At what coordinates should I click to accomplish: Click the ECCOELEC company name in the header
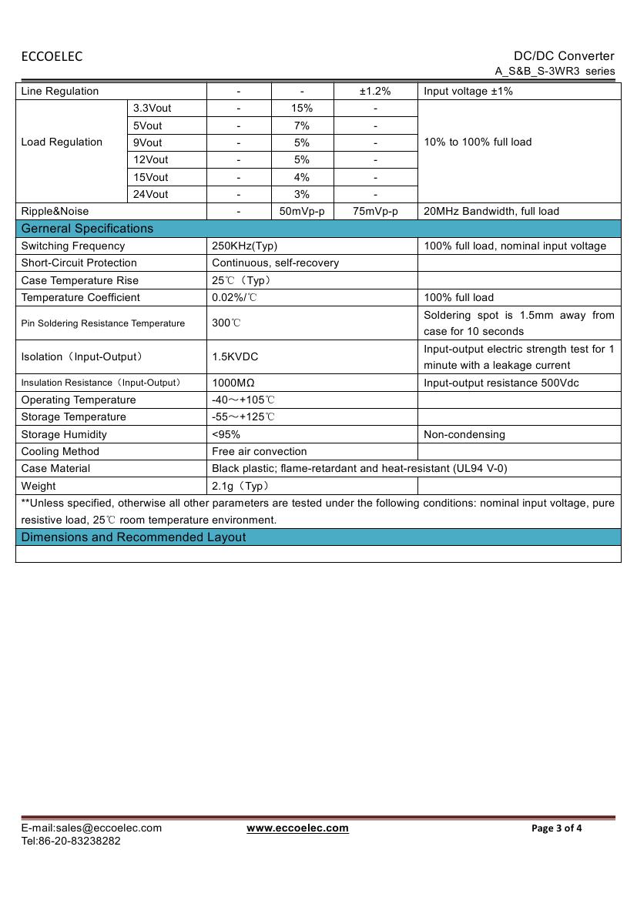click(52, 56)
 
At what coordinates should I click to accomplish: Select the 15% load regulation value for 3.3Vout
click(302, 109)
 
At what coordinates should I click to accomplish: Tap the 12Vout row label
click(150, 160)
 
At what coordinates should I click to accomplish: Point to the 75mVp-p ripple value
click(375, 212)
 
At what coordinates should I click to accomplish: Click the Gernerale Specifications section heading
click(87, 229)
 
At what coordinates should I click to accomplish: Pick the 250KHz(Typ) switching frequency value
click(244, 246)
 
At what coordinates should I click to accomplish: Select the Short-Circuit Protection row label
click(79, 263)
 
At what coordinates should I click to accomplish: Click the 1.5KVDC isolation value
click(235, 357)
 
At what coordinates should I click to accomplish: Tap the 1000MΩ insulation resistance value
click(233, 383)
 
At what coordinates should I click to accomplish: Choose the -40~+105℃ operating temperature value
click(243, 400)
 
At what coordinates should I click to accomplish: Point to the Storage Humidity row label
click(64, 435)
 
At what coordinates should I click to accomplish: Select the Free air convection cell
click(259, 452)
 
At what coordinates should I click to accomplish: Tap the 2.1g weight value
click(240, 487)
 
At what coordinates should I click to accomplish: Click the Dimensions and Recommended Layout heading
click(133, 537)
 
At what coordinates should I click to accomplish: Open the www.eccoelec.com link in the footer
click(297, 828)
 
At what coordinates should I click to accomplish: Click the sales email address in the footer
click(92, 828)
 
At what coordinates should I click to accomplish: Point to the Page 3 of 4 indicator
click(557, 828)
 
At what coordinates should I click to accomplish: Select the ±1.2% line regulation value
click(375, 92)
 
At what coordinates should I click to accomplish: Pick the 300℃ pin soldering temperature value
click(226, 323)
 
